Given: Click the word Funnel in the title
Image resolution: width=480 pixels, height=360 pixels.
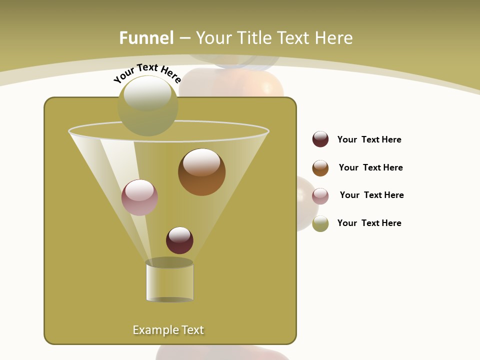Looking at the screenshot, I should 146,38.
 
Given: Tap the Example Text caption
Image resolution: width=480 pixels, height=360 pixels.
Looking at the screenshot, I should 168,330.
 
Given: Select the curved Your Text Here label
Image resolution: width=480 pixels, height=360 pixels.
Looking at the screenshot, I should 147,72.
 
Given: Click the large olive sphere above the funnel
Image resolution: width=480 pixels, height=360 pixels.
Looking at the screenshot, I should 148,106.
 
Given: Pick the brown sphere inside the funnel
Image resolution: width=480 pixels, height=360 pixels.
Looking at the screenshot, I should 202,172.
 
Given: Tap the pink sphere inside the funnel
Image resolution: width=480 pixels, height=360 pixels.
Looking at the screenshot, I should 139,197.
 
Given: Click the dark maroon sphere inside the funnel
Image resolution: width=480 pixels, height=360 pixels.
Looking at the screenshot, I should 179,240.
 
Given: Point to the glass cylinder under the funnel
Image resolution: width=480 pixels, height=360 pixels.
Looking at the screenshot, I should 169,282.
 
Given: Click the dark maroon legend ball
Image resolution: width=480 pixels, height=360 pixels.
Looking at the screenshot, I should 320,139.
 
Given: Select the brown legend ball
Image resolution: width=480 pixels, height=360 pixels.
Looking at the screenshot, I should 320,168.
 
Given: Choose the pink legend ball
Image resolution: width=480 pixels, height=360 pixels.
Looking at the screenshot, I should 320,196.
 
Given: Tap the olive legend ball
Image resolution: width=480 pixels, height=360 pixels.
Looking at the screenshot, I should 320,223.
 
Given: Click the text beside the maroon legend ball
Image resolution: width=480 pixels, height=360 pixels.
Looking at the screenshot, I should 369,139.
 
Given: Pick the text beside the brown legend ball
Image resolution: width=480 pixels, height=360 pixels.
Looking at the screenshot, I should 370,167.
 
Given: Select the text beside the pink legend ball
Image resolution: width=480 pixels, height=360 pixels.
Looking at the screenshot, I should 371,195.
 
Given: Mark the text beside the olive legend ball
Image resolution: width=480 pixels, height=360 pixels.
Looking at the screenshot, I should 369,223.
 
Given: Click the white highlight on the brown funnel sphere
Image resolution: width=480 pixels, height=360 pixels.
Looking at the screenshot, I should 201,162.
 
